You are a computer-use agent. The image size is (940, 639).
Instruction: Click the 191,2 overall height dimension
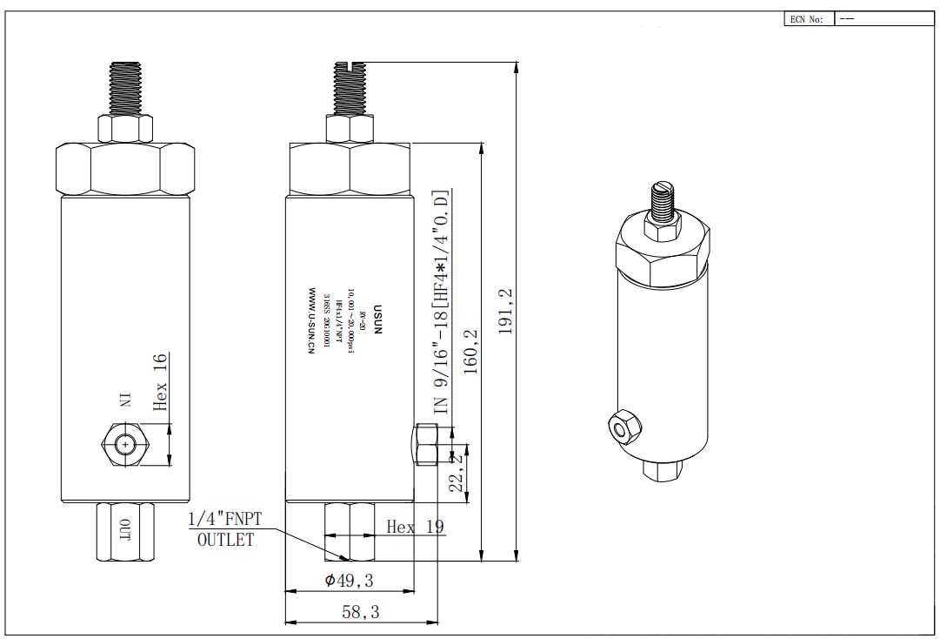[505, 311]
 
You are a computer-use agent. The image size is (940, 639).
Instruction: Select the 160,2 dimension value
[471, 351]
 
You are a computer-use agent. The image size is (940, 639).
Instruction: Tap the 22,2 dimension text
[456, 473]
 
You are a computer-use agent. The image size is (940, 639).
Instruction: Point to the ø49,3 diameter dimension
[350, 581]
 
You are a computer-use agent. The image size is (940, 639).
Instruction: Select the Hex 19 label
[416, 527]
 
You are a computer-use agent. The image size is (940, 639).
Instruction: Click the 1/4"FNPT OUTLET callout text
[225, 529]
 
